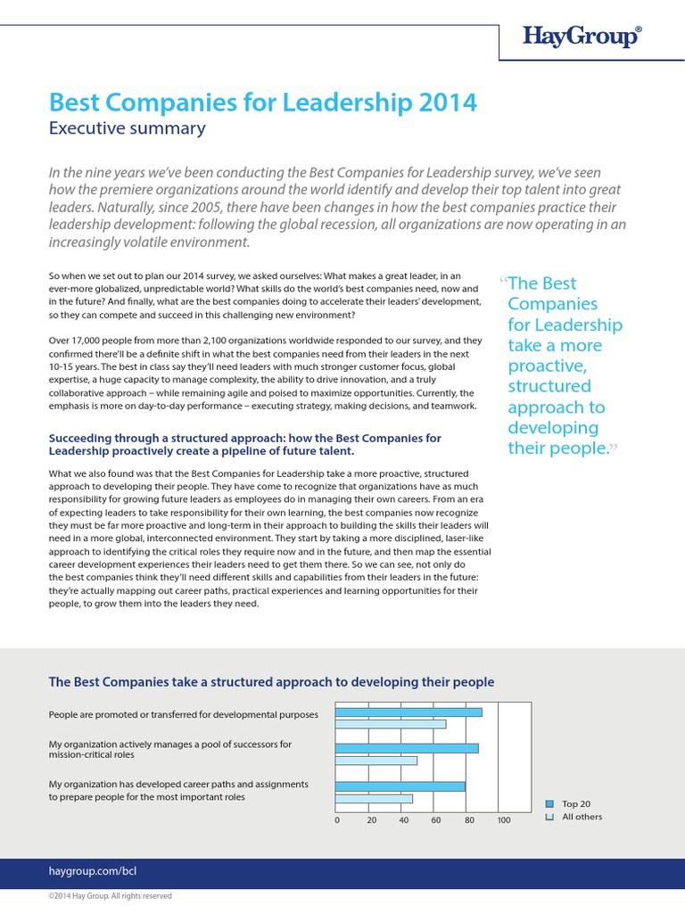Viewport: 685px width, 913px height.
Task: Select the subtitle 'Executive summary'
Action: pyautogui.click(x=127, y=128)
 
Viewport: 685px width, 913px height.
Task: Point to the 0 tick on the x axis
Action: pyautogui.click(x=337, y=820)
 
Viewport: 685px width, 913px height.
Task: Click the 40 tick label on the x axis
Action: pyautogui.click(x=403, y=820)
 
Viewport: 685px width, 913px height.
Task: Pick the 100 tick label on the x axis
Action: pyautogui.click(x=504, y=820)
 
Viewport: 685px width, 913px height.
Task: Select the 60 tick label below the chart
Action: pyautogui.click(x=436, y=820)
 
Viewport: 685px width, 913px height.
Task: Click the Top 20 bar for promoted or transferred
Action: pyautogui.click(x=409, y=711)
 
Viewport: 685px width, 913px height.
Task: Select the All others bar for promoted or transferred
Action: pyautogui.click(x=391, y=724)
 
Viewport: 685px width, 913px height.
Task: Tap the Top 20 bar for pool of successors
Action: pyautogui.click(x=407, y=748)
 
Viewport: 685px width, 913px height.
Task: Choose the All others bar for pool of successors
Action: pyautogui.click(x=376, y=761)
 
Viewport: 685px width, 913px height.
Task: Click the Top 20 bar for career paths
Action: pyautogui.click(x=400, y=786)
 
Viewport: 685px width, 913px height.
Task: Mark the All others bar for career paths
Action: pyautogui.click(x=375, y=798)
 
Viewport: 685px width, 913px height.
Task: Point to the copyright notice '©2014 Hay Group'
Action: pyautogui.click(x=110, y=896)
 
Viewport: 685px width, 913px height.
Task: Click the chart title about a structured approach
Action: pyautogui.click(x=271, y=682)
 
